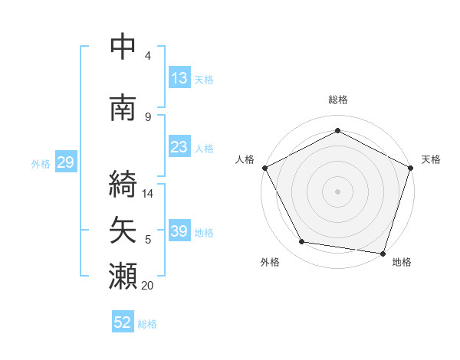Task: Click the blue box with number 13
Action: click(179, 78)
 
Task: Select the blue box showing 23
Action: click(179, 147)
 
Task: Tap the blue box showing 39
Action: click(179, 231)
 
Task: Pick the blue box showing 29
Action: click(65, 162)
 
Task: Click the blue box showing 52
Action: click(123, 322)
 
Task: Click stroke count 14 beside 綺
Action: click(149, 194)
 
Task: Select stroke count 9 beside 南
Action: click(148, 116)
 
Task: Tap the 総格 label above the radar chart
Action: click(338, 100)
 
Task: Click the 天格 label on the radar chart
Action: click(431, 159)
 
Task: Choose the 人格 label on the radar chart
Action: click(245, 159)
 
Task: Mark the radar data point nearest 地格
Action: click(383, 253)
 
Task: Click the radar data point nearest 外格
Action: click(302, 242)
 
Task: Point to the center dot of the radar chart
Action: click(338, 191)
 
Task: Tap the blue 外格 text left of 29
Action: click(41, 163)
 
